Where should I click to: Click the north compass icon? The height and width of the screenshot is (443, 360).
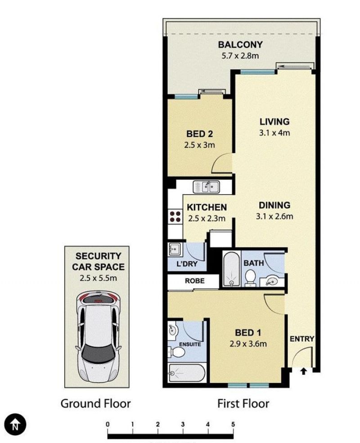[x=15, y=425]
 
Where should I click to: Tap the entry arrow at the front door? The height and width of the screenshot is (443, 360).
[x=303, y=371]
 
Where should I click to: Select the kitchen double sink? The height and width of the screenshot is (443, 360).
[x=207, y=187]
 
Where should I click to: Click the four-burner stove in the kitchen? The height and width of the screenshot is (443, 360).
[x=175, y=217]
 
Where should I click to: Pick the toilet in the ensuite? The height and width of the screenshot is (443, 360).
[x=176, y=352]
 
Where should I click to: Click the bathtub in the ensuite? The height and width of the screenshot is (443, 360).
[x=187, y=373]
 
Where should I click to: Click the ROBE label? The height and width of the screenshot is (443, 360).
[x=195, y=281]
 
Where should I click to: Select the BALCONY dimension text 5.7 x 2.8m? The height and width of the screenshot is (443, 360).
[x=240, y=56]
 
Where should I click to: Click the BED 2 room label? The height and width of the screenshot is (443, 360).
[x=200, y=134]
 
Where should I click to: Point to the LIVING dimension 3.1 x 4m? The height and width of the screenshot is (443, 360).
[x=274, y=133]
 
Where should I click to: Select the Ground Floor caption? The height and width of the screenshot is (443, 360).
[x=95, y=403]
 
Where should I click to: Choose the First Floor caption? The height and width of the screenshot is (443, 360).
[x=243, y=403]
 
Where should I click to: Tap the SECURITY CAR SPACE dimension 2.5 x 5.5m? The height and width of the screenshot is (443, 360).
[x=98, y=278]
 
